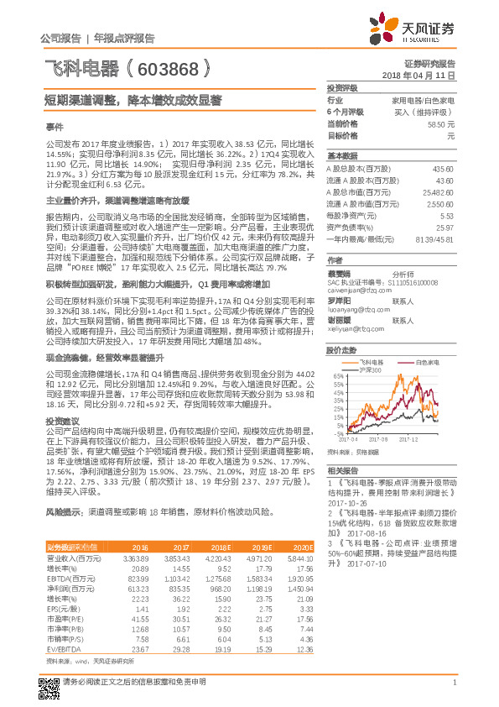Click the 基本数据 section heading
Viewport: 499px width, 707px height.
click(x=341, y=156)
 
